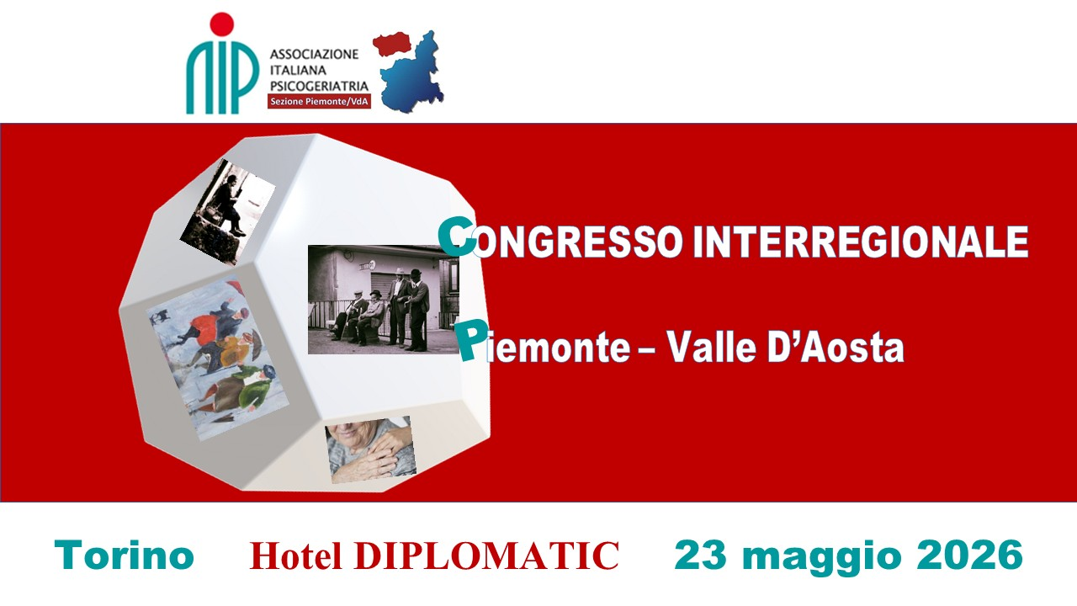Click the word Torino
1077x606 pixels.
124,555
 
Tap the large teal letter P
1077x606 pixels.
469,340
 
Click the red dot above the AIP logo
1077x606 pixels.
221,24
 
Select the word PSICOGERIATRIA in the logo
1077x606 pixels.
318,86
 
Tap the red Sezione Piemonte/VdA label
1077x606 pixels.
319,102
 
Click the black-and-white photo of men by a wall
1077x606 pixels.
383,299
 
